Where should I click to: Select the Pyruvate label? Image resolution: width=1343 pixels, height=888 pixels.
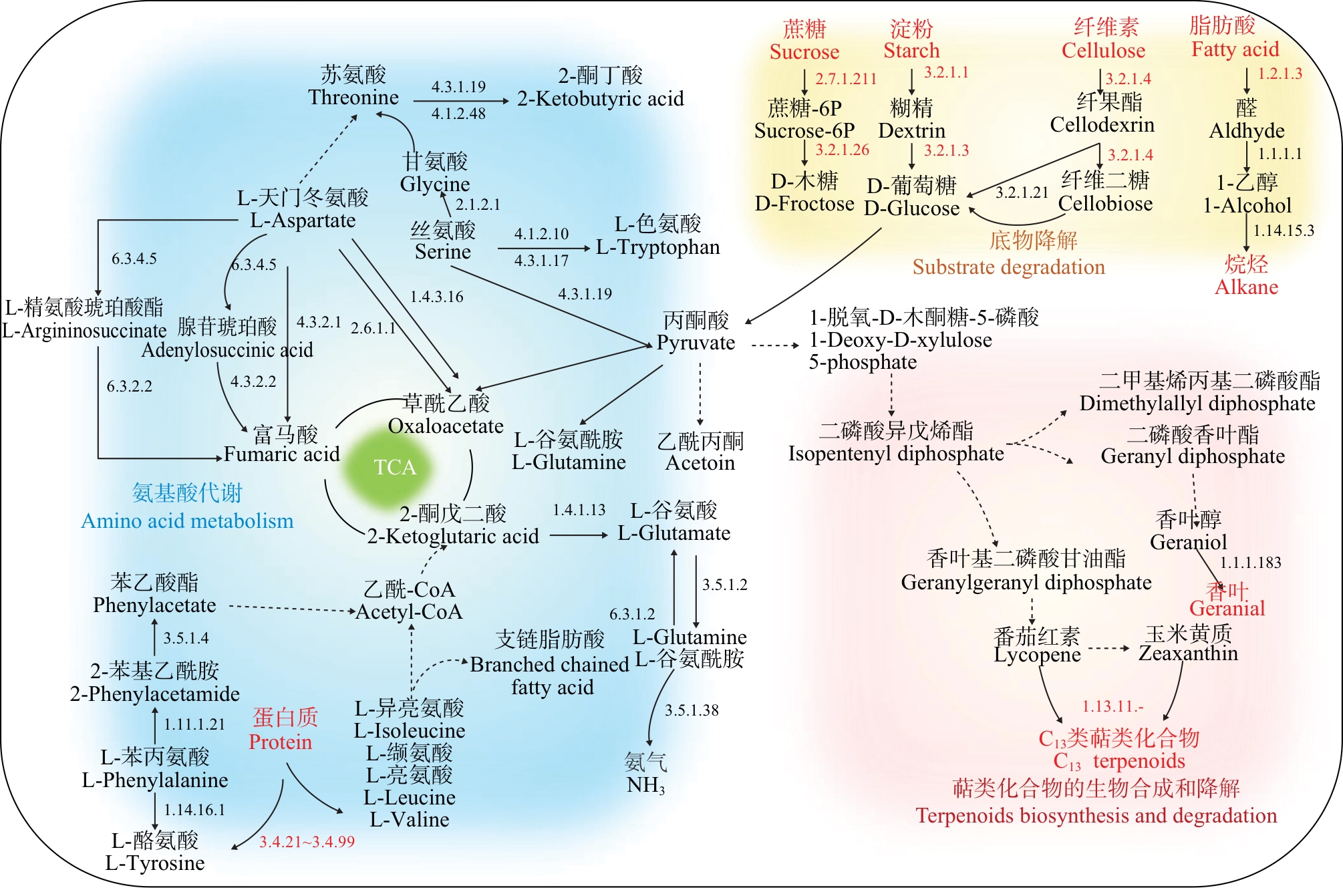[x=696, y=343]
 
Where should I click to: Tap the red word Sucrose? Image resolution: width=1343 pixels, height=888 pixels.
[x=804, y=52]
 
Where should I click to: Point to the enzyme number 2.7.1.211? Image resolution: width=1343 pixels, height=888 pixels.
[x=845, y=79]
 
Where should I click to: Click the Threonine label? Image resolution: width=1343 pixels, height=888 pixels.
[x=353, y=98]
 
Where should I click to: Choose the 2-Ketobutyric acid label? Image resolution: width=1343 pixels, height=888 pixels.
[x=600, y=99]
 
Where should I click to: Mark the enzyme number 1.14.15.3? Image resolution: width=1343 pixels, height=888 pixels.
[x=1283, y=231]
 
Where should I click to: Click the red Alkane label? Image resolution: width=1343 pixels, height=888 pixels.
[x=1246, y=287]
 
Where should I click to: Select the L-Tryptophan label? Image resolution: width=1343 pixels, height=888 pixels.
[x=657, y=247]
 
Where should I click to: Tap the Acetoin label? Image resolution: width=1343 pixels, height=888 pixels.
[x=700, y=463]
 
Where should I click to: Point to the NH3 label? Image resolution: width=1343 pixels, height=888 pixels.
[x=645, y=785]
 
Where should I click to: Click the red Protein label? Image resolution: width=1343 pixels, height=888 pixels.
[x=280, y=742]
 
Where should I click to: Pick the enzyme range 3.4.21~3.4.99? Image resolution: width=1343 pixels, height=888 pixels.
[x=307, y=842]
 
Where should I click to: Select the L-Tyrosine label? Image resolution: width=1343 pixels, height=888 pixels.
[x=155, y=863]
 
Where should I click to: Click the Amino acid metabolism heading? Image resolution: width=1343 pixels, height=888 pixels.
[x=187, y=521]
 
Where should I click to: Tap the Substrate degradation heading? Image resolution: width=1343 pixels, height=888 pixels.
[x=1008, y=267]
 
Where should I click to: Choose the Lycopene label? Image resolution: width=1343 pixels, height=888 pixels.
[x=1037, y=655]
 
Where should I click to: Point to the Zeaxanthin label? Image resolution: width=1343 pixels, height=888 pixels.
[x=1188, y=653]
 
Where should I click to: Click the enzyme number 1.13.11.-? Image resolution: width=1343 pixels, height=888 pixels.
[x=1112, y=706]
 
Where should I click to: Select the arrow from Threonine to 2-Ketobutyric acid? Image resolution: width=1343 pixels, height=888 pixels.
[x=460, y=101]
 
